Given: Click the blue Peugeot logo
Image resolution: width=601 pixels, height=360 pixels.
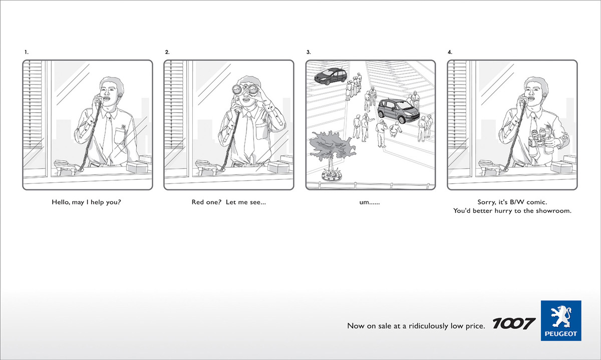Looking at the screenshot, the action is coord(561,320).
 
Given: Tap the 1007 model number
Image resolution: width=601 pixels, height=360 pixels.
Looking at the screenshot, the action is coord(514,323).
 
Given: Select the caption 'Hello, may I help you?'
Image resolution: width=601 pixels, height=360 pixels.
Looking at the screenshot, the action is coord(86,202).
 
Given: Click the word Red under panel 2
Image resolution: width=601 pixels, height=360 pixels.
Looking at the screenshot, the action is coord(198,202).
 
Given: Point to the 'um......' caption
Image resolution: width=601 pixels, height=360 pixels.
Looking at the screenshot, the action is coord(370,203).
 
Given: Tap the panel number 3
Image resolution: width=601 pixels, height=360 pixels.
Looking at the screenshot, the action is coord(309,52).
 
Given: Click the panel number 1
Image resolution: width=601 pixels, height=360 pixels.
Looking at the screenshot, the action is coord(26,52).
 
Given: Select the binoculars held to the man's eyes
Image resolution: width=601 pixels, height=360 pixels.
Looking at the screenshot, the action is coord(245,90).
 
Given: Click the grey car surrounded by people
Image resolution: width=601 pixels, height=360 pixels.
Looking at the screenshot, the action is coord(398,111).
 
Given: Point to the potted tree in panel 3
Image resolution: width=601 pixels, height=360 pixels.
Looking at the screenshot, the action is coord(332,156).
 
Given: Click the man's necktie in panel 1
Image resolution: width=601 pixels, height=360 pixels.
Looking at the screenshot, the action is coord(108,136).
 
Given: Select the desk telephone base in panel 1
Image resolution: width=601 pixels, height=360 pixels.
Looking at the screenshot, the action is coord(65,167).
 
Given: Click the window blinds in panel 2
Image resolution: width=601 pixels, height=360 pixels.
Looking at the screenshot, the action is coord(174,105).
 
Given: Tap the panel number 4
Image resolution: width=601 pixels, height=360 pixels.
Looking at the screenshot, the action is coord(450,52).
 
